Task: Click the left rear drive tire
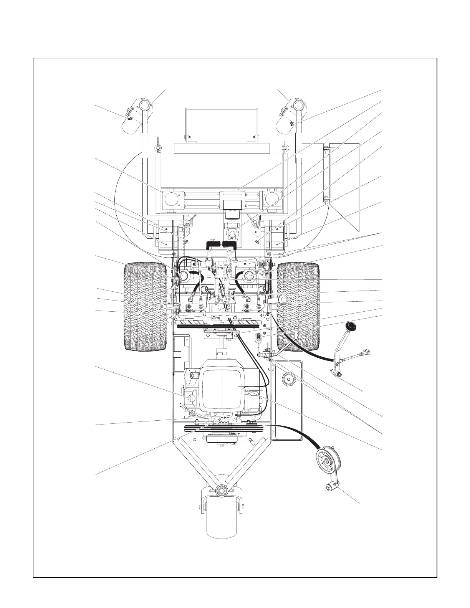(145, 306)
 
